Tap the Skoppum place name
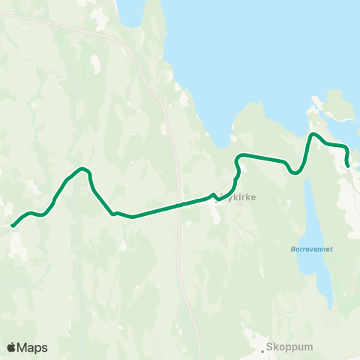287,348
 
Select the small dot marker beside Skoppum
265,348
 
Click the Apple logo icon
11,347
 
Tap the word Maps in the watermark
32,347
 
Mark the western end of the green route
13,224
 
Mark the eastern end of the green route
348,166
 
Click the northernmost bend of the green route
314,134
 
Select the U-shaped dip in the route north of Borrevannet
295,172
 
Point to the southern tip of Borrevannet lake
330,305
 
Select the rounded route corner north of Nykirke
240,157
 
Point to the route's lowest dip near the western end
42,214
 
